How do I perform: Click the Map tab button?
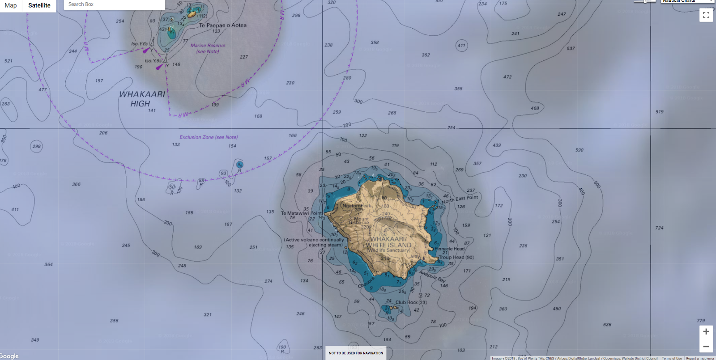11,5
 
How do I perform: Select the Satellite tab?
39,5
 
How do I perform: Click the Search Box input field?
114,4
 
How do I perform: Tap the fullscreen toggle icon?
706,15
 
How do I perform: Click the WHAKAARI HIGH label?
142,99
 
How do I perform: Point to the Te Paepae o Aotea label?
222,25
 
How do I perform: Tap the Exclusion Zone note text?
209,137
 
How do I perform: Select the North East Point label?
460,199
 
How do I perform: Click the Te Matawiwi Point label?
302,213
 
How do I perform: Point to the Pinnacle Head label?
449,249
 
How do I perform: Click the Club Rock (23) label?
411,302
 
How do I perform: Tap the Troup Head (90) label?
456,257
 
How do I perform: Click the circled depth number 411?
461,45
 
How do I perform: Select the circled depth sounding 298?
36,146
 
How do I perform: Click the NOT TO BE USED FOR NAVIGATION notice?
356,353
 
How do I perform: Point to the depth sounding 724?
659,228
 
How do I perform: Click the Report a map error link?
700,358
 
